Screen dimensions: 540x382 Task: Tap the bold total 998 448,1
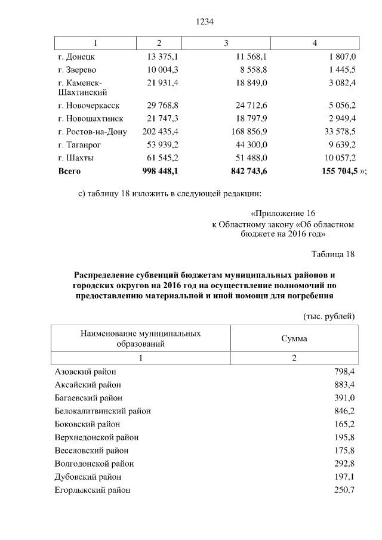(159, 171)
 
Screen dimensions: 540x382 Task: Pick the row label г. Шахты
(76, 158)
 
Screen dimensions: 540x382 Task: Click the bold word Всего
(69, 171)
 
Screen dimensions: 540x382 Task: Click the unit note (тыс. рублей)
(329, 316)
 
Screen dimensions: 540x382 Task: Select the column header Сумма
(294, 338)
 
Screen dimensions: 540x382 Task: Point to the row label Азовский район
(85, 372)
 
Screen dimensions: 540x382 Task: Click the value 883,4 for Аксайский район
(344, 385)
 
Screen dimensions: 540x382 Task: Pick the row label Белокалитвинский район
(103, 411)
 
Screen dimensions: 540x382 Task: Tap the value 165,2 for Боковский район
(344, 424)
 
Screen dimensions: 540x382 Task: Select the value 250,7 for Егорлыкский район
(344, 490)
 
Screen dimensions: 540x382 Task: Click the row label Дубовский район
(88, 477)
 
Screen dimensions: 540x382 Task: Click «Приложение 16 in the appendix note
(282, 213)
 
